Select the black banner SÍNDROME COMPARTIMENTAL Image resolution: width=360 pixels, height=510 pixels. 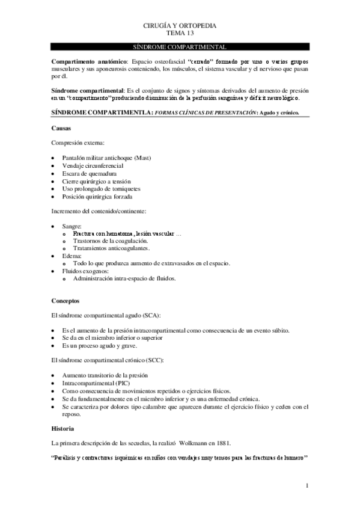pyautogui.click(x=180, y=47)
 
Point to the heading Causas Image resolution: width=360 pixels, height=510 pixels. pyautogui.click(x=61, y=128)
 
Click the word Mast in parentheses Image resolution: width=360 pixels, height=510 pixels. pyautogui.click(x=142, y=158)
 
